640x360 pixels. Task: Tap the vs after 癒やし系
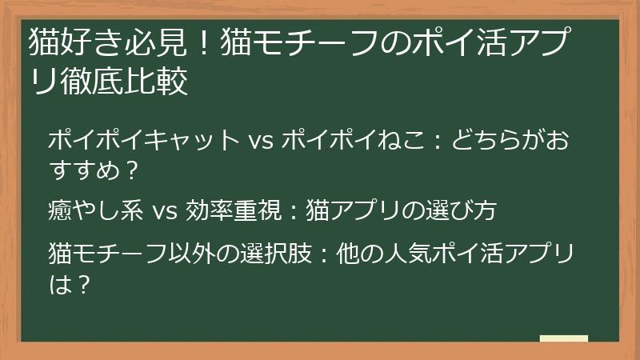coord(163,211)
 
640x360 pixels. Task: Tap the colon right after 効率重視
coord(292,211)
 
